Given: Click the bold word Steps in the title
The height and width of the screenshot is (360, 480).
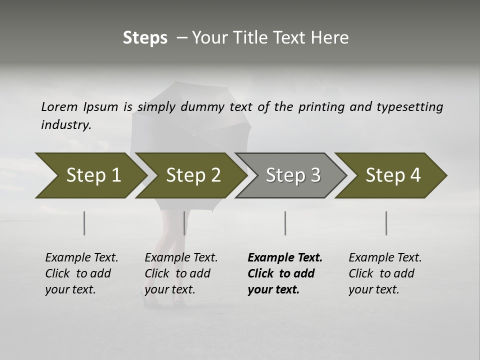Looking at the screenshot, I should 145,38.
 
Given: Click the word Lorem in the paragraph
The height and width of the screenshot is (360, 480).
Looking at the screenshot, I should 59,106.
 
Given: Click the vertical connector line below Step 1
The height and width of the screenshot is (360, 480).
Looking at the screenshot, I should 84,223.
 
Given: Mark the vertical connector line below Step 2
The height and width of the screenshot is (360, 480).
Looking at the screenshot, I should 184,223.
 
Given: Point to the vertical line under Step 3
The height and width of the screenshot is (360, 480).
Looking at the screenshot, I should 285,223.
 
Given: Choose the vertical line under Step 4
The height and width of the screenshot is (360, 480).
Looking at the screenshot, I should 386,223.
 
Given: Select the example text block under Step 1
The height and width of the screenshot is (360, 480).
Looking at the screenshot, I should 81,273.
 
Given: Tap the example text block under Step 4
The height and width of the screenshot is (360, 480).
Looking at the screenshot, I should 385,273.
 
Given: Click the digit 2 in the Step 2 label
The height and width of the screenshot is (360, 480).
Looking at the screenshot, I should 215,175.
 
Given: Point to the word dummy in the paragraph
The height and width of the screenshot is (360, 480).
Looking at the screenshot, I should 202,106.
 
